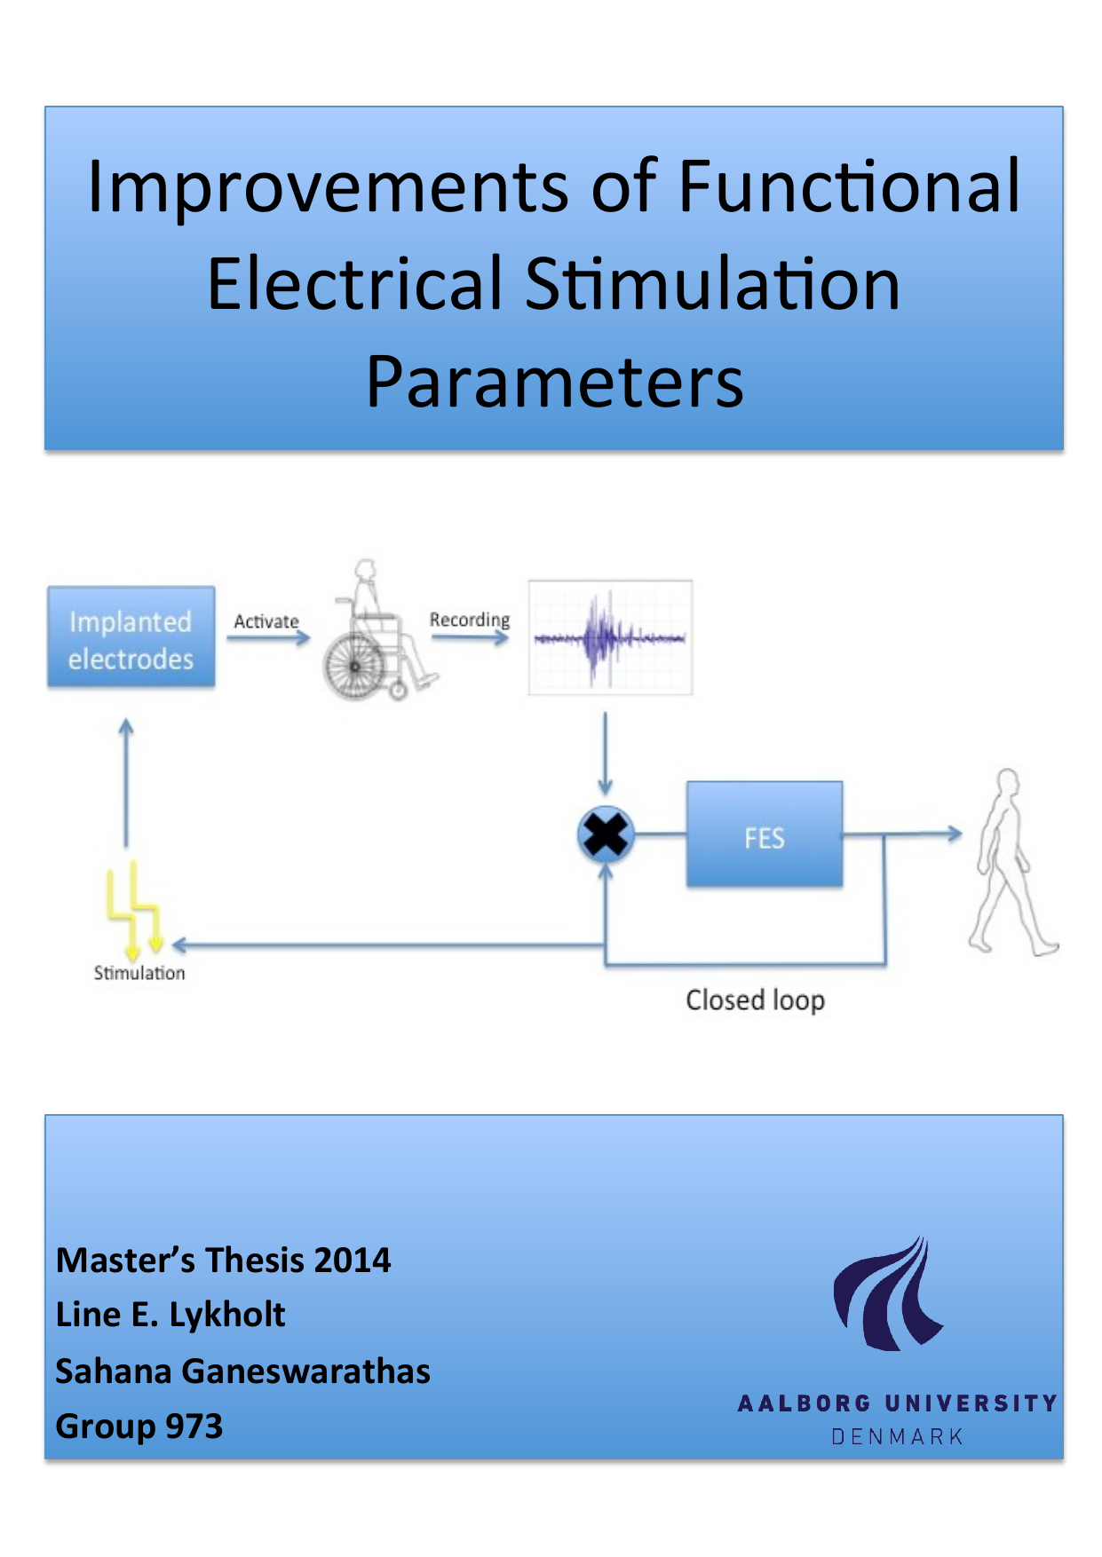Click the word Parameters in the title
click(x=554, y=383)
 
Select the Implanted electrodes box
click(x=131, y=637)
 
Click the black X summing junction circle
click(x=606, y=834)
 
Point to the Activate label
click(x=266, y=621)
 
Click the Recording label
click(x=469, y=620)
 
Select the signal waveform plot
click(x=610, y=637)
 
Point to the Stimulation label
click(x=139, y=973)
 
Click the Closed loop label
click(x=755, y=1000)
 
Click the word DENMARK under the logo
click(x=897, y=1436)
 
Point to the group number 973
click(x=194, y=1427)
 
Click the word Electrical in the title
click(x=355, y=284)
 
